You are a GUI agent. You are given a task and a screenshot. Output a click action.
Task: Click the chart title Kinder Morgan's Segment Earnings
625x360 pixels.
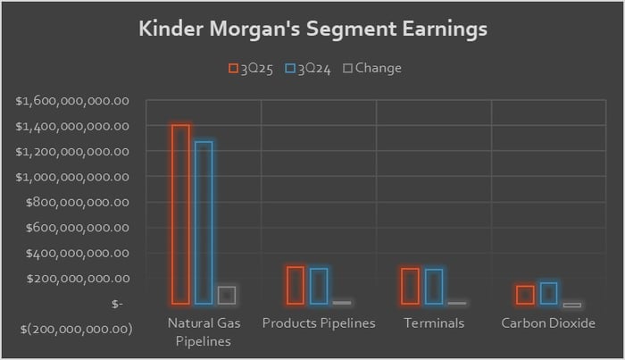tap(312, 29)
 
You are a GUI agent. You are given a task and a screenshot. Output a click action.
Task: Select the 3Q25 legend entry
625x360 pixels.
tap(252, 68)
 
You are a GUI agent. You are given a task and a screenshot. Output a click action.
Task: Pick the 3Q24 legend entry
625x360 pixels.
tap(309, 68)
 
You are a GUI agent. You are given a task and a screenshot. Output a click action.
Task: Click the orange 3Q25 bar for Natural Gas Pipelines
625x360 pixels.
tap(181, 214)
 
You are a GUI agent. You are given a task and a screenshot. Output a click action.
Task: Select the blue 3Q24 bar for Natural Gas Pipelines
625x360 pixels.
tap(204, 222)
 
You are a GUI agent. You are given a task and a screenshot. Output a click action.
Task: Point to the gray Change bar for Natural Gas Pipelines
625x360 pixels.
tap(226, 296)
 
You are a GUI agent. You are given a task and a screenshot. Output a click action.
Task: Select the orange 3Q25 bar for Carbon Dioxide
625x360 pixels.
tap(526, 295)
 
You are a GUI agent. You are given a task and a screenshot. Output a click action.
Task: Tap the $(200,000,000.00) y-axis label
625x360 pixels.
tap(75, 329)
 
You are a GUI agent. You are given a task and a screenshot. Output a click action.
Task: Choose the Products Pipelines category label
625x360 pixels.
tap(319, 322)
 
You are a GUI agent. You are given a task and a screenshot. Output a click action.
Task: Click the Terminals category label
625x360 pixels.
tap(434, 322)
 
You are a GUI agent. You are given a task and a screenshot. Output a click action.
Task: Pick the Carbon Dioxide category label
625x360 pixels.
tap(548, 322)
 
